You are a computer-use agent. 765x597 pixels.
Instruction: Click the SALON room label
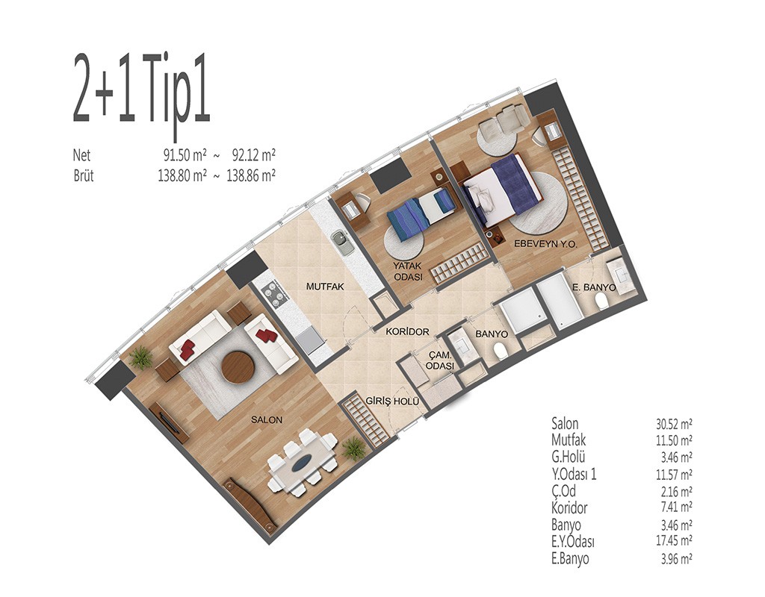coord(267,419)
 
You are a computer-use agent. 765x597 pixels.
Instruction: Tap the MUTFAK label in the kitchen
coord(325,287)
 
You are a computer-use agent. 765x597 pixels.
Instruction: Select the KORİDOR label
coord(407,332)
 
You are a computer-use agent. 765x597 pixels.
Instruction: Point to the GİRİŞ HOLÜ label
coord(392,401)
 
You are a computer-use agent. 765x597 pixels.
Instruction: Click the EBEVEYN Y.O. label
coord(545,244)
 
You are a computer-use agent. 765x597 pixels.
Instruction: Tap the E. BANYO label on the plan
coord(594,287)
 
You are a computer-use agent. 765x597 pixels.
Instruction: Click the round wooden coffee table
coord(238,368)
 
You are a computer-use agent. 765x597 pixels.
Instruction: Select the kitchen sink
coord(342,242)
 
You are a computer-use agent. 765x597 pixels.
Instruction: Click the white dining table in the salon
coord(303,463)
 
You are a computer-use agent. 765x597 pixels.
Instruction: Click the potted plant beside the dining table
coord(353,448)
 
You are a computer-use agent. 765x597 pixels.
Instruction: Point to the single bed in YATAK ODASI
coord(421,213)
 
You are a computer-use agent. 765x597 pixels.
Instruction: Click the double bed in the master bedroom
coord(503,190)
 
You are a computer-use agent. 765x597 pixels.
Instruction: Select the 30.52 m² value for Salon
coord(674,424)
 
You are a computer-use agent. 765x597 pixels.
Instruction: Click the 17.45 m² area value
coord(674,541)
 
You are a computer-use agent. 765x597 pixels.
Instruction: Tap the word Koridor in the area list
coord(569,507)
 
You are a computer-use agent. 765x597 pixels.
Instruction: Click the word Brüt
coord(84,175)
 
